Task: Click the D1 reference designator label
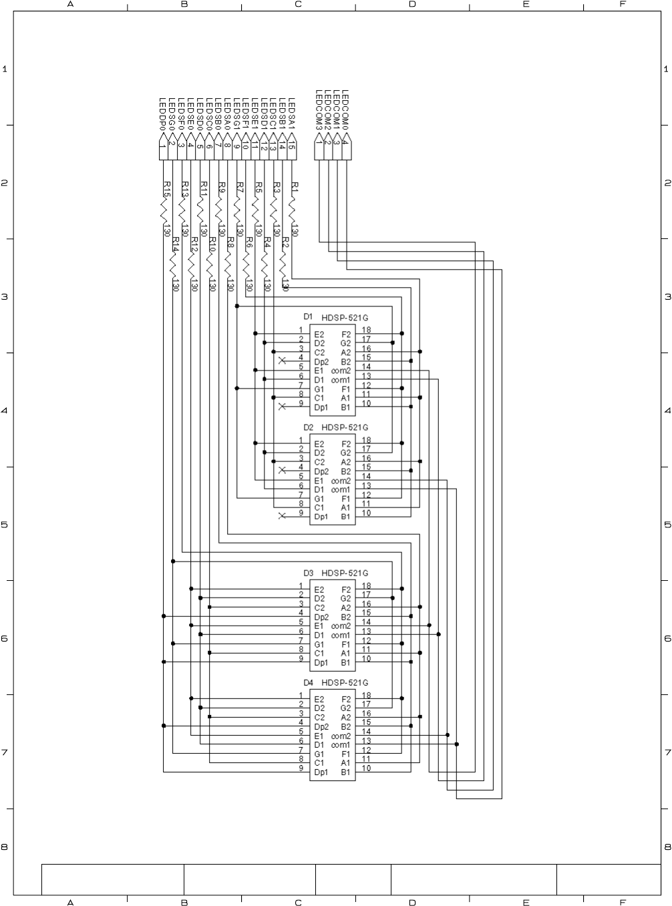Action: click(x=308, y=316)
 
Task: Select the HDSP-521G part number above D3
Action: click(x=345, y=573)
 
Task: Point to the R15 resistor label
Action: click(x=167, y=189)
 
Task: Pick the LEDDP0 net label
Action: click(x=162, y=114)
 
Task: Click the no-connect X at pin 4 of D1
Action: click(x=282, y=361)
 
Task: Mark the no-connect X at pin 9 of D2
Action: click(x=282, y=515)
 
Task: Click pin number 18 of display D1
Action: click(x=367, y=330)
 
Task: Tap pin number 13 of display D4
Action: click(x=367, y=740)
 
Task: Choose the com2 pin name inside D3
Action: click(x=341, y=626)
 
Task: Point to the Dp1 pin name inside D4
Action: click(x=321, y=772)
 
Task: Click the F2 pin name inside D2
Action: click(x=346, y=444)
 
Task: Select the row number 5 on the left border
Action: click(x=5, y=525)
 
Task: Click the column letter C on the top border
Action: click(x=298, y=5)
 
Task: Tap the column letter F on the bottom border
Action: click(x=623, y=902)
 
